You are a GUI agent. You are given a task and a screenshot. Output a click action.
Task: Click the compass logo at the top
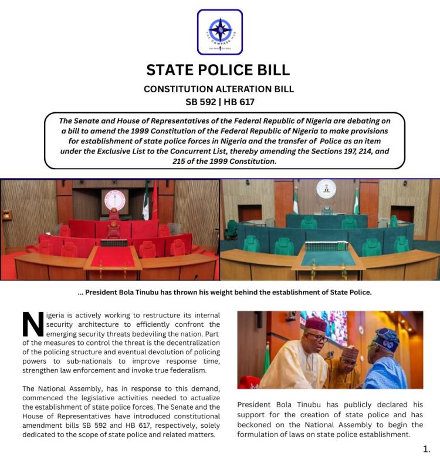220,32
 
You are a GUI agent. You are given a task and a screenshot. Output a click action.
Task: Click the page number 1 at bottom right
427,449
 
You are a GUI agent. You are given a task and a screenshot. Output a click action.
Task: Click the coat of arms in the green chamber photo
326,189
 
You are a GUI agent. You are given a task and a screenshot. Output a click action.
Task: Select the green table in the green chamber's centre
327,257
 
